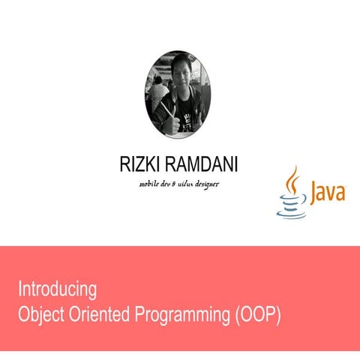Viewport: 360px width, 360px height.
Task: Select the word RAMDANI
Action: pos(199,165)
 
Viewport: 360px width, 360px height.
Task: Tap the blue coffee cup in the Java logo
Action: pos(292,205)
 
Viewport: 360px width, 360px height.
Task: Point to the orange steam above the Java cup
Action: pos(293,179)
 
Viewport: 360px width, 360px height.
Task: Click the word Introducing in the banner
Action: pos(58,289)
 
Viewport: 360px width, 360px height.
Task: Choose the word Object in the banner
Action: pos(40,314)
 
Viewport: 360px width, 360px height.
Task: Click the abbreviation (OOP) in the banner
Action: pos(256,315)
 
